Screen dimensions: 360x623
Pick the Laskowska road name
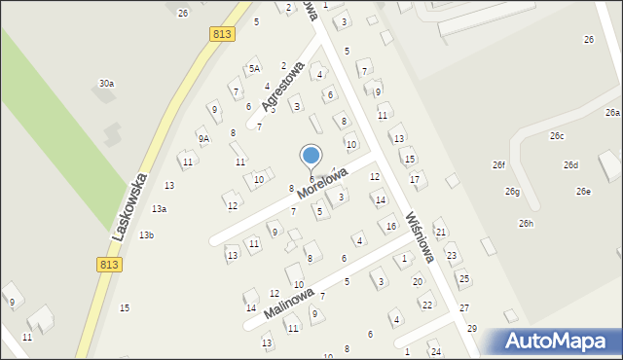pyautogui.click(x=128, y=206)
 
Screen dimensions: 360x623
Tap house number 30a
pyautogui.click(x=106, y=84)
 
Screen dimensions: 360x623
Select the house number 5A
pyautogui.click(x=254, y=68)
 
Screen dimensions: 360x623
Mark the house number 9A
pyautogui.click(x=203, y=139)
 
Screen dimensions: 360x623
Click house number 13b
pyautogui.click(x=146, y=235)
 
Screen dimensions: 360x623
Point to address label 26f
pyautogui.click(x=498, y=164)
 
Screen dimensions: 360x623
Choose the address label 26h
pyautogui.click(x=526, y=224)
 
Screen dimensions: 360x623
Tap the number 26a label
pyautogui.click(x=611, y=114)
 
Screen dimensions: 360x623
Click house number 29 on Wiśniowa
pyautogui.click(x=472, y=329)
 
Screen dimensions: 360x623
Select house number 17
pyautogui.click(x=415, y=179)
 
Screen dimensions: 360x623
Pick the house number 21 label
pyautogui.click(x=440, y=232)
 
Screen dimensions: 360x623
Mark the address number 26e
pyautogui.click(x=582, y=192)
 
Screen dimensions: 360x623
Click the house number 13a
pyautogui.click(x=159, y=209)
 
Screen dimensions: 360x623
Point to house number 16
pyautogui.click(x=391, y=227)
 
